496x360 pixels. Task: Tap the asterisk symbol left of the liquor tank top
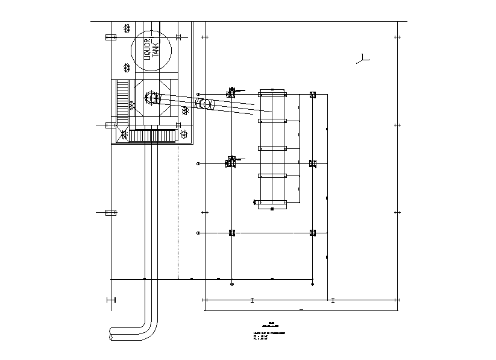(127, 28)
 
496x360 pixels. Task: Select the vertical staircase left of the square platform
(122, 103)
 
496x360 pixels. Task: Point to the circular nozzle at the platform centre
(151, 97)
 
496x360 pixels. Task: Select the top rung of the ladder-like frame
(272, 94)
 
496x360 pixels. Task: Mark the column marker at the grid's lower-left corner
(231, 233)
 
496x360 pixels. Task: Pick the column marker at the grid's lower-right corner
(312, 233)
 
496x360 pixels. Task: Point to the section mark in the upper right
(362, 59)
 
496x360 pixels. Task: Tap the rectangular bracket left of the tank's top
(111, 37)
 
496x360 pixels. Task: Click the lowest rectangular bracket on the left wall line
(111, 212)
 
